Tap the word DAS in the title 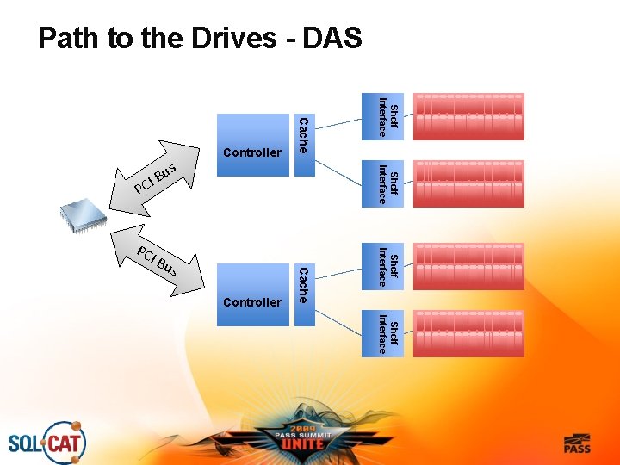(x=332, y=40)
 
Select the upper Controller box (x=253, y=145)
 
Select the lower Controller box (x=253, y=294)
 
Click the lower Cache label (x=303, y=285)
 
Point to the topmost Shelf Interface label (x=387, y=118)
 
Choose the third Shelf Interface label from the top (x=387, y=266)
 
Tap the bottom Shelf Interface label (x=387, y=333)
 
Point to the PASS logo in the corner (x=577, y=443)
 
